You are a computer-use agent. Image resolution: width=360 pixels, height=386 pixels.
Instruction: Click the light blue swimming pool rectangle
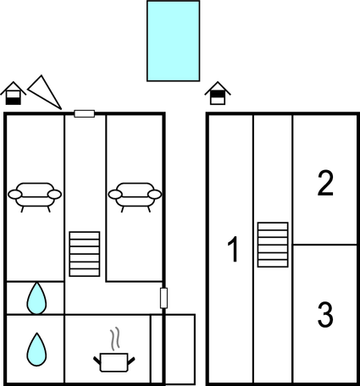[173, 41]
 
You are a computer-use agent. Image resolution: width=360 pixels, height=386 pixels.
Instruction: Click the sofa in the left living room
[35, 197]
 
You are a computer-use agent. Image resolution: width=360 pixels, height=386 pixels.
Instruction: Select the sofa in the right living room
[135, 197]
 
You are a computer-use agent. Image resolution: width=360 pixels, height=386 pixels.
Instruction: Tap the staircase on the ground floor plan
[85, 254]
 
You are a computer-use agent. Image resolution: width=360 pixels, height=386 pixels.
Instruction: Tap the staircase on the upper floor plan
[273, 245]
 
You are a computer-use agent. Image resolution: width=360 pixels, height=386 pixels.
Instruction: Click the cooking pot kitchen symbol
[114, 362]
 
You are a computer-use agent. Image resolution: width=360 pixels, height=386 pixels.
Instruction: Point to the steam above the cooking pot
[115, 339]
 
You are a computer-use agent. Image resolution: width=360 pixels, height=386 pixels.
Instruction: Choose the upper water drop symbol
[36, 298]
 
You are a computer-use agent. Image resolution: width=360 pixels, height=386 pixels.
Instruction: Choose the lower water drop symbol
[36, 350]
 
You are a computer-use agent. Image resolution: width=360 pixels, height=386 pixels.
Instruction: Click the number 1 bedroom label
[233, 250]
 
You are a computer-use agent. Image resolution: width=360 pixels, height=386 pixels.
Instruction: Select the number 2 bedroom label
[325, 183]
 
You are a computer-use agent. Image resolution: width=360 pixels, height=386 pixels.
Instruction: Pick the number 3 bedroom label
[325, 314]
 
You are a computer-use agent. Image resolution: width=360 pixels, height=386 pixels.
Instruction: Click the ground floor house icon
[14, 93]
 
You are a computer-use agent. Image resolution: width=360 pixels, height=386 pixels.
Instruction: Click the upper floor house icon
[218, 93]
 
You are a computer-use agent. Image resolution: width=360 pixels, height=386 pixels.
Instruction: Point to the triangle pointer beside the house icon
[45, 92]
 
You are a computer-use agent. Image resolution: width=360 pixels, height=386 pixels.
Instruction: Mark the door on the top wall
[84, 113]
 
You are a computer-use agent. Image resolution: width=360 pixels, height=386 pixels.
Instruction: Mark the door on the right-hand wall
[163, 298]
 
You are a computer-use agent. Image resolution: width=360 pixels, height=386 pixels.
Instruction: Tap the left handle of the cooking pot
[97, 360]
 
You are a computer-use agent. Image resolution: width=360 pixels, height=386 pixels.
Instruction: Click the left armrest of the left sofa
[15, 195]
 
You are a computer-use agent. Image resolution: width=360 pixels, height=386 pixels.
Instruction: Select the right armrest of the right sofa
[155, 195]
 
